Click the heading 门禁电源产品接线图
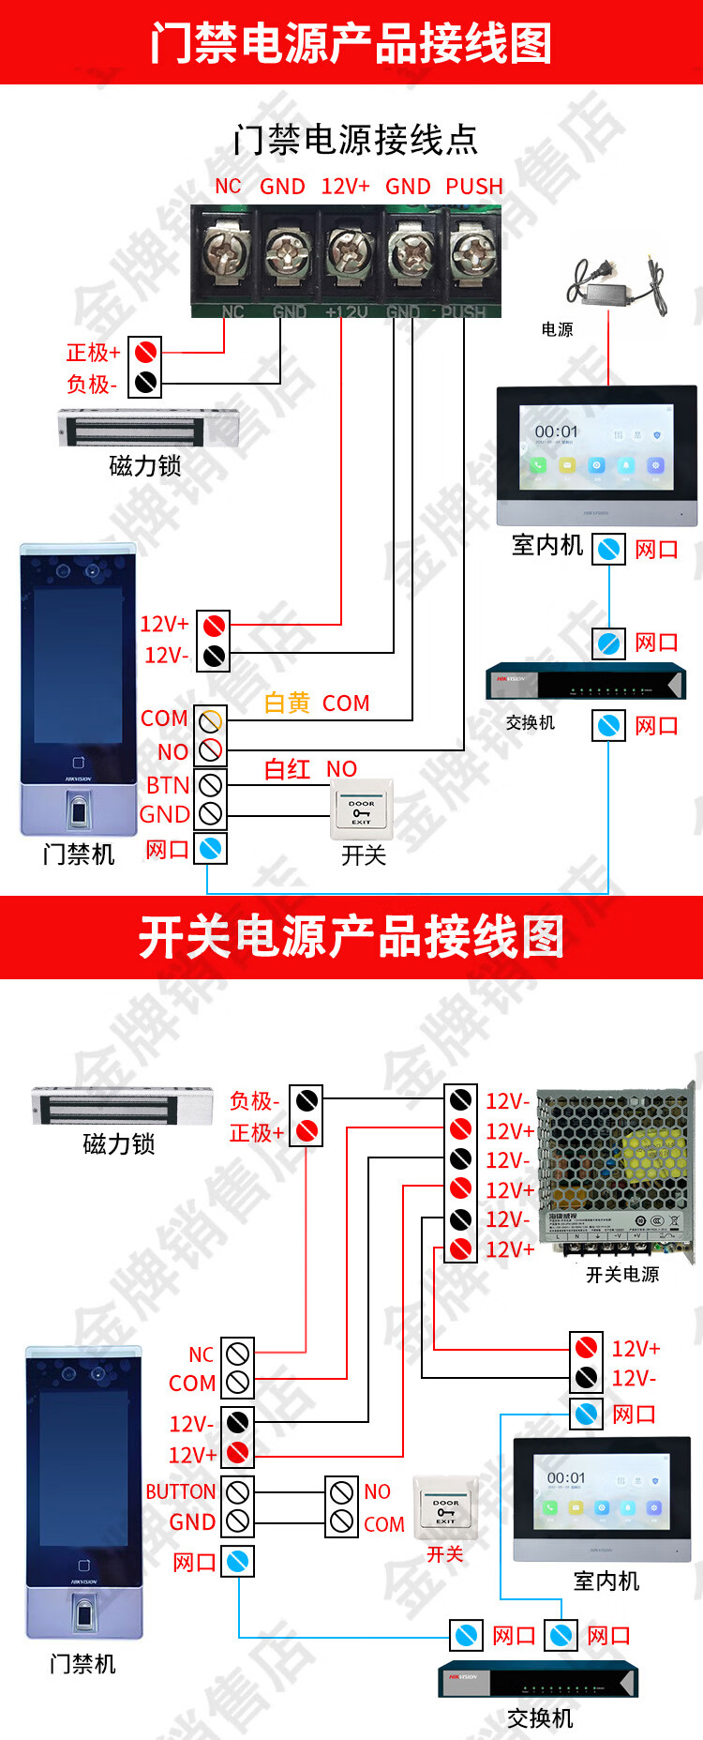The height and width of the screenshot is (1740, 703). pyautogui.click(x=351, y=43)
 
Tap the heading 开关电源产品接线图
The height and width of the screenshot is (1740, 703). pyautogui.click(x=351, y=937)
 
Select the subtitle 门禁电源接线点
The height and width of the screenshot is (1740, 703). pyautogui.click(x=355, y=140)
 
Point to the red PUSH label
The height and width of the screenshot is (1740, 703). pyautogui.click(x=474, y=187)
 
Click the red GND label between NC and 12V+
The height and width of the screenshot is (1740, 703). pyautogui.click(x=282, y=187)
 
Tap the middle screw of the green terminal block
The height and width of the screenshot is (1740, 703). pyautogui.click(x=349, y=251)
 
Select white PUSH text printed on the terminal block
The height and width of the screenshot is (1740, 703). pyautogui.click(x=463, y=311)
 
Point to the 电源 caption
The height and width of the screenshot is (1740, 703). pyautogui.click(x=557, y=329)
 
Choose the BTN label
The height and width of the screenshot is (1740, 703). pyautogui.click(x=168, y=785)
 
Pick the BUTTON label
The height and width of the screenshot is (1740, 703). pyautogui.click(x=181, y=1491)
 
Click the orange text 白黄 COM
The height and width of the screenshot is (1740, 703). pyautogui.click(x=317, y=703)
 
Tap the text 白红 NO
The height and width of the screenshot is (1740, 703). pyautogui.click(x=310, y=769)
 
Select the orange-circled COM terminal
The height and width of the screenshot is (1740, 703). pyautogui.click(x=211, y=720)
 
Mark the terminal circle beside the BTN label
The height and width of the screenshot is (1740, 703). pyautogui.click(x=211, y=784)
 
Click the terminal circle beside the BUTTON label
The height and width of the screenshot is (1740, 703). pyautogui.click(x=238, y=1490)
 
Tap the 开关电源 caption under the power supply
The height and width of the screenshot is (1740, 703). pyautogui.click(x=622, y=1274)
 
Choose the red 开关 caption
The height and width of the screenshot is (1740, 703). pyautogui.click(x=444, y=1554)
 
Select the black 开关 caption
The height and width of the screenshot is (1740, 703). pyautogui.click(x=364, y=855)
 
